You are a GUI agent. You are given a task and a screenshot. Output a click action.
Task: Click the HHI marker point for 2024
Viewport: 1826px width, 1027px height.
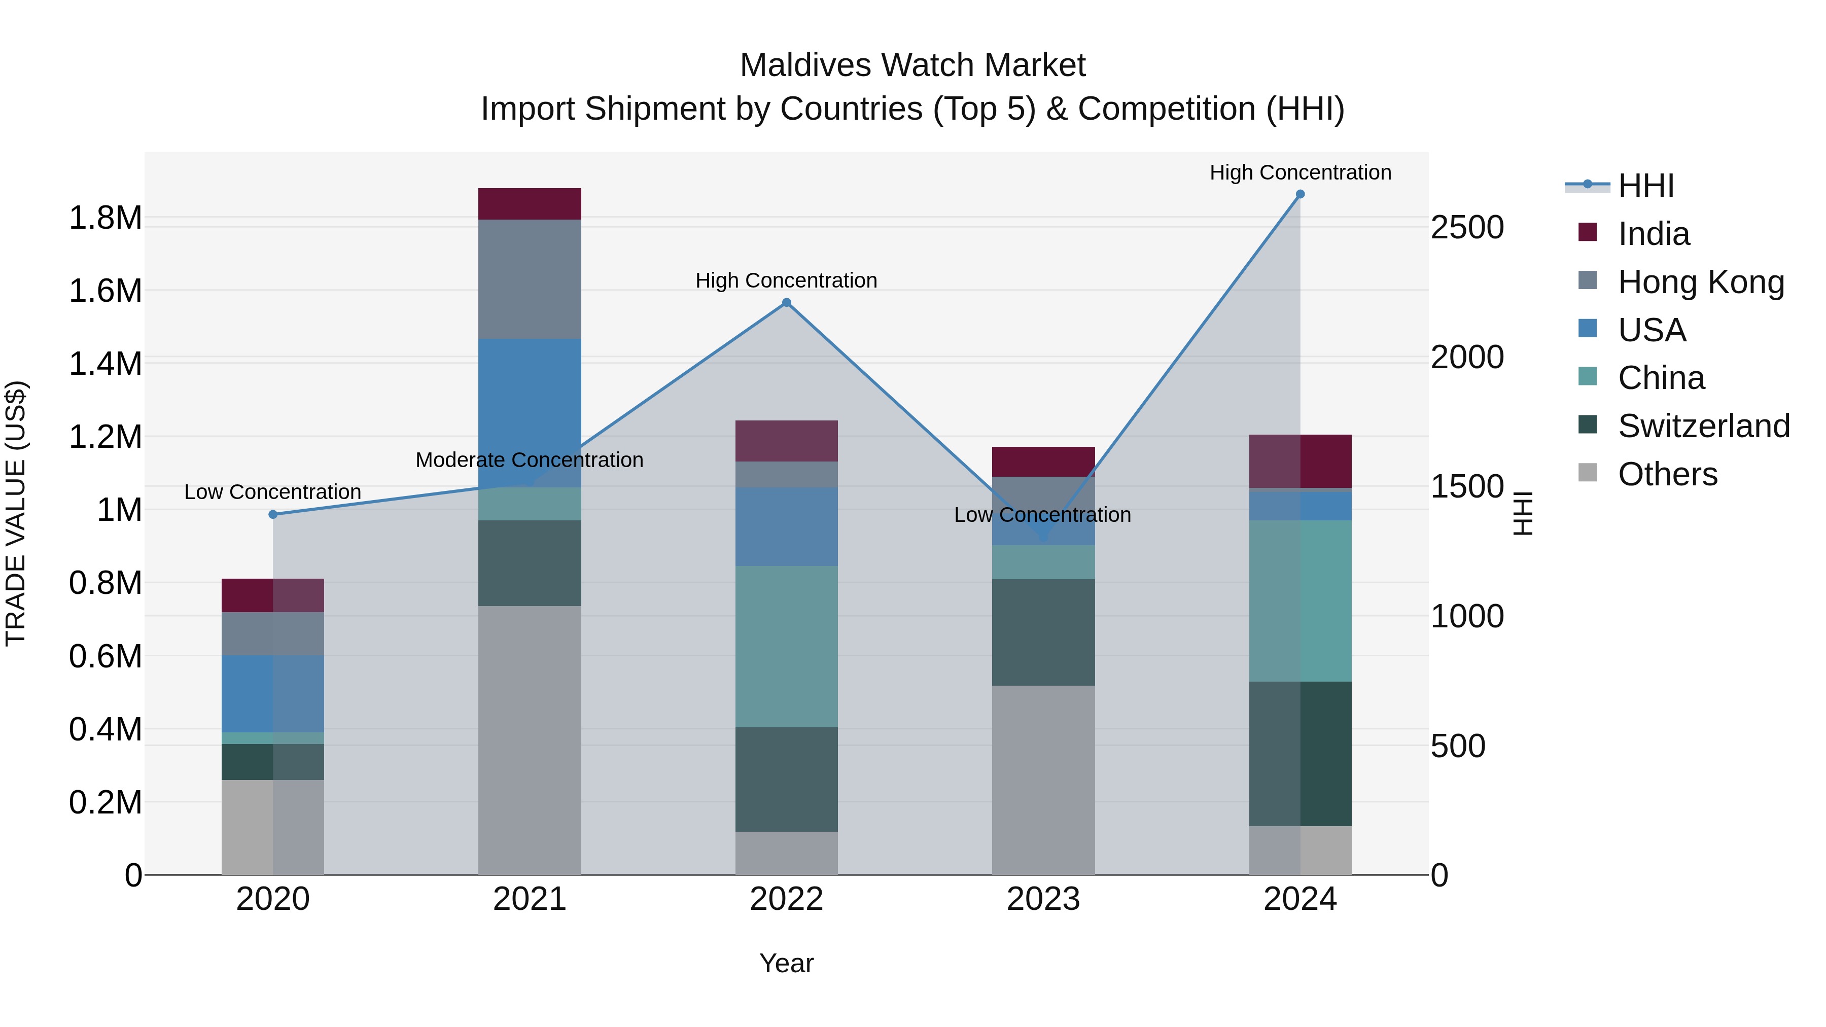pyautogui.click(x=1300, y=194)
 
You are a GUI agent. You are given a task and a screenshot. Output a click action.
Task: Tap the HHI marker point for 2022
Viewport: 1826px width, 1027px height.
pyautogui.click(x=786, y=303)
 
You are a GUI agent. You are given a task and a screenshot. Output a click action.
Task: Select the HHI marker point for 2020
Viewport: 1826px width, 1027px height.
pyautogui.click(x=273, y=515)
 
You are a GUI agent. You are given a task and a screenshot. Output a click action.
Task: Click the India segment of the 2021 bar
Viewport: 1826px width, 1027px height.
pyautogui.click(x=530, y=203)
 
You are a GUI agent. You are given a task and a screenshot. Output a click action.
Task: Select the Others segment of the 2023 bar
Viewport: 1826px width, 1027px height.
pyautogui.click(x=1043, y=780)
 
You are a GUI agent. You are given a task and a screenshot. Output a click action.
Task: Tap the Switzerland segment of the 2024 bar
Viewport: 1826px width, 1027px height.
pyautogui.click(x=1300, y=754)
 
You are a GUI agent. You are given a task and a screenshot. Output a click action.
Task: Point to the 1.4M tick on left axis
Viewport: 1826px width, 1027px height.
pyautogui.click(x=106, y=364)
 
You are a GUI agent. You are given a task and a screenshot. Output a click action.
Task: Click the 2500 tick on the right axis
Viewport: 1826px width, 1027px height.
pyautogui.click(x=1466, y=228)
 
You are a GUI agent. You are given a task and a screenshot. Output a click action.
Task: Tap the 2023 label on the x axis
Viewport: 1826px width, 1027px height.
pyautogui.click(x=1043, y=899)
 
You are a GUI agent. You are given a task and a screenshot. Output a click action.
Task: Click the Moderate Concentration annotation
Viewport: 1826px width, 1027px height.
pyautogui.click(x=530, y=460)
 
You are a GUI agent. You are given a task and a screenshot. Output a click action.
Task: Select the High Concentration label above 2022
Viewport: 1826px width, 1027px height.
pyautogui.click(x=786, y=280)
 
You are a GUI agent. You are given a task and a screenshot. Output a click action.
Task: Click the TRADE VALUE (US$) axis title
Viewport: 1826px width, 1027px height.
pyautogui.click(x=16, y=513)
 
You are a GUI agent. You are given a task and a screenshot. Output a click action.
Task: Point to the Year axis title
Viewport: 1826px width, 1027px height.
pyautogui.click(x=786, y=963)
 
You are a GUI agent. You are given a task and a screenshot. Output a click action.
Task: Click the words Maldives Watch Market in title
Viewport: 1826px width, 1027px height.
pyautogui.click(x=912, y=65)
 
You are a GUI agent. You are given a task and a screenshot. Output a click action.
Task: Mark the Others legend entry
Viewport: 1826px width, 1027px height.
pyautogui.click(x=1667, y=474)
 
